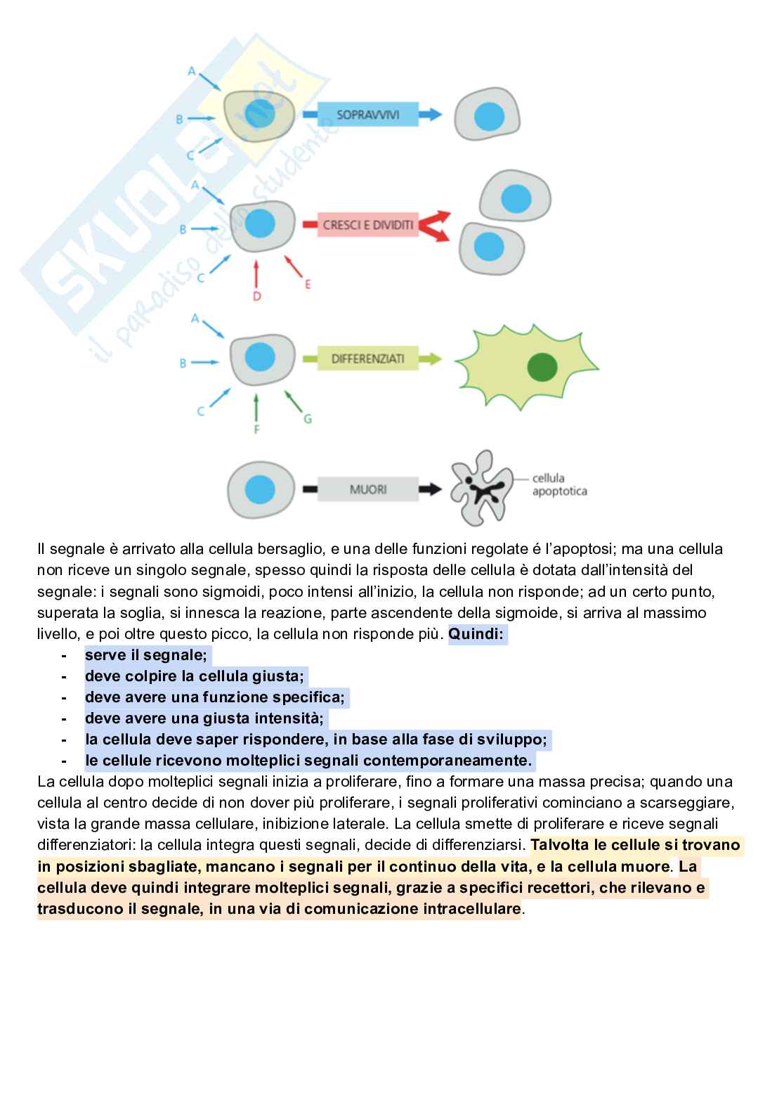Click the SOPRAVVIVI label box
coord(367,114)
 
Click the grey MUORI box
coord(367,488)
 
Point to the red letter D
coord(257,297)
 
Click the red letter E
coord(308,284)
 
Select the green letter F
coord(257,429)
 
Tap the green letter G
coord(308,419)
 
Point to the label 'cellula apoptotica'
coord(559,485)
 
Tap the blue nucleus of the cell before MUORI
coord(259,488)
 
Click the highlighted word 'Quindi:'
coord(476,635)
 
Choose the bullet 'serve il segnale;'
coord(146,655)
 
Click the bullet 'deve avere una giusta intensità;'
coord(204,718)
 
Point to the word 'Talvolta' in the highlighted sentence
coord(558,845)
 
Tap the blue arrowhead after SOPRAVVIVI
coord(433,114)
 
